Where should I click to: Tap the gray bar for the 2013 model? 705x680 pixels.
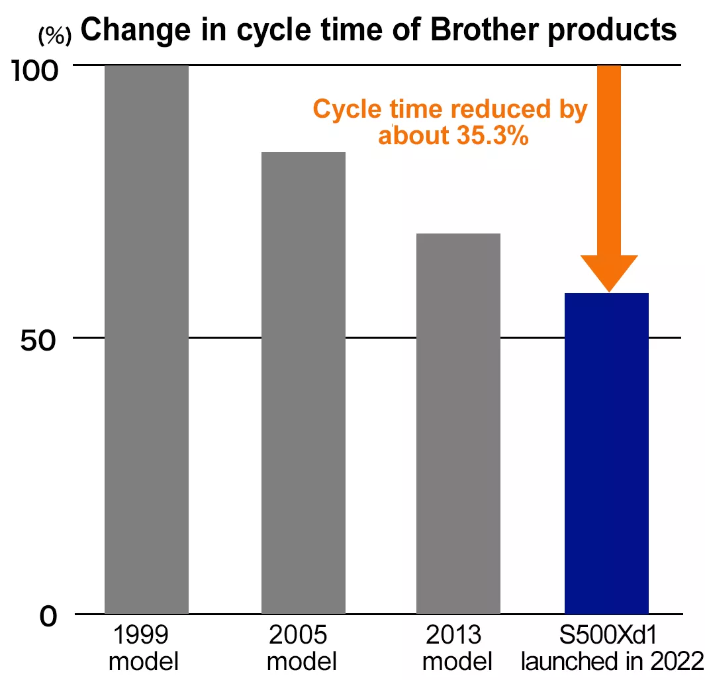[x=458, y=423]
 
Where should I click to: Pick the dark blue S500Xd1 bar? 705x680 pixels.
[x=606, y=453]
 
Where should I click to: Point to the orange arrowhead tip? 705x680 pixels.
[x=608, y=289]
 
